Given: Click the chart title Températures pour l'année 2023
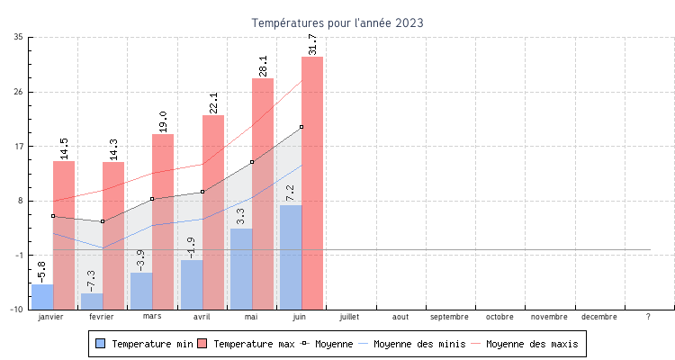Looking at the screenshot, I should (337, 22).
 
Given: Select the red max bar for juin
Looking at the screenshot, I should (312, 180).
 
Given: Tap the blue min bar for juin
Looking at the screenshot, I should (290, 256).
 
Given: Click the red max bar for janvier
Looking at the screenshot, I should (64, 234).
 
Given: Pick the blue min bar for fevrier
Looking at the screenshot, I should (92, 301).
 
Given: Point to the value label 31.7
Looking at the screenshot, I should (312, 44).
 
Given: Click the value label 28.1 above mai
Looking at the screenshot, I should (263, 66).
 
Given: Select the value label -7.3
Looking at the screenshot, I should (92, 280).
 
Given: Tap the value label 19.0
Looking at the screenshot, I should (163, 121).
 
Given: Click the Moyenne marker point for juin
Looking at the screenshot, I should (301, 127).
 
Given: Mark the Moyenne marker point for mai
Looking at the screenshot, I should (252, 162).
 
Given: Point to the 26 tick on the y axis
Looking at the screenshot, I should (19, 92).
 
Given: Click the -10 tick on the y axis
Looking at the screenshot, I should (17, 310).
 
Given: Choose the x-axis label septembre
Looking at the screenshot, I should (449, 317).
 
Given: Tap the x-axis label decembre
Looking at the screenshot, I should (599, 317).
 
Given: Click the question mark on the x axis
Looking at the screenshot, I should (648, 317).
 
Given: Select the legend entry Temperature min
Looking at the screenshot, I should (143, 344).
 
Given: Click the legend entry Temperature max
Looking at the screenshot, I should (247, 344).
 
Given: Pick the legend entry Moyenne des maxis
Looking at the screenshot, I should (531, 344).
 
